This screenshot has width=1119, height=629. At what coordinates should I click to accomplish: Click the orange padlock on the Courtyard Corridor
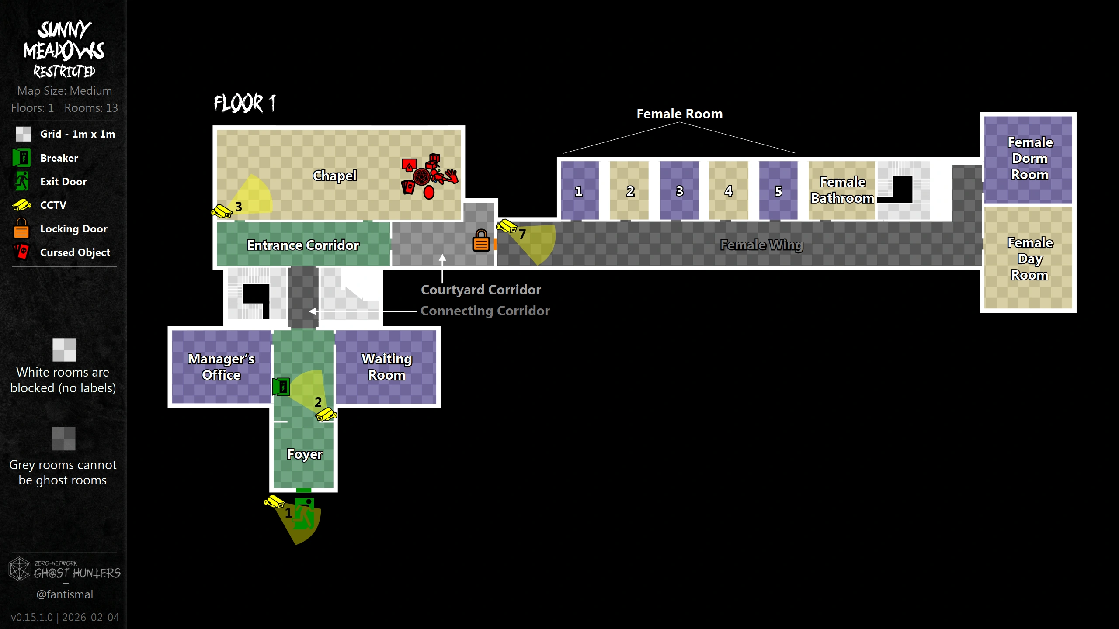coord(481,241)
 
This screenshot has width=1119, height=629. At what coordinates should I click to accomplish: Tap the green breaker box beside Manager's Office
coord(281,387)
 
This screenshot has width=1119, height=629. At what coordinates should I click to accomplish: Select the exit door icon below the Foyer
coord(304,514)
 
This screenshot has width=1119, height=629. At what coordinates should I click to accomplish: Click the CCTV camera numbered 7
coord(507,226)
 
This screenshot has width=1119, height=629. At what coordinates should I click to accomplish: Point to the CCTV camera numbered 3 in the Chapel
coord(222,211)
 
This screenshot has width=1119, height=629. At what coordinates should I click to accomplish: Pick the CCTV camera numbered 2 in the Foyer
coord(326,414)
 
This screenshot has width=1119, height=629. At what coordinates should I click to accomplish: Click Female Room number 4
coord(728,191)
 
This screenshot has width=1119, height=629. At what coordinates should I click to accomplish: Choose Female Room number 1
coord(579,191)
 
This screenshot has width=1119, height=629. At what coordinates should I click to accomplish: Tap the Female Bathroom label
coord(842,190)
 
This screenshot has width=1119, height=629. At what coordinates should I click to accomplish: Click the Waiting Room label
coord(387,367)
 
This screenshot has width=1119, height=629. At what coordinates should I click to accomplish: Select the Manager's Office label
coord(221,367)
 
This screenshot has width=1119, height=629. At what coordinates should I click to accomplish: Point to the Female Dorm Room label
coord(1030,158)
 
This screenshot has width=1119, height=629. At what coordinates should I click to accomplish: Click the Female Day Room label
coord(1030,259)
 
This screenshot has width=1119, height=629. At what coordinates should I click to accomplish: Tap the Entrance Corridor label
coord(303,245)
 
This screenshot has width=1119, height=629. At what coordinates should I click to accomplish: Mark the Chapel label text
coord(335,176)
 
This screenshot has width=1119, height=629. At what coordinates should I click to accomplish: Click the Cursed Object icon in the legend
coord(21,252)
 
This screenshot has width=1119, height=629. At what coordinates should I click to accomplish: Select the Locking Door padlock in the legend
coord(21,228)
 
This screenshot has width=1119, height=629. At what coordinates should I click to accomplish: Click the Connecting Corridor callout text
coord(485,311)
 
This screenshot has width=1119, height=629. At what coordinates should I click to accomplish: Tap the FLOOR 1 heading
coord(245,104)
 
